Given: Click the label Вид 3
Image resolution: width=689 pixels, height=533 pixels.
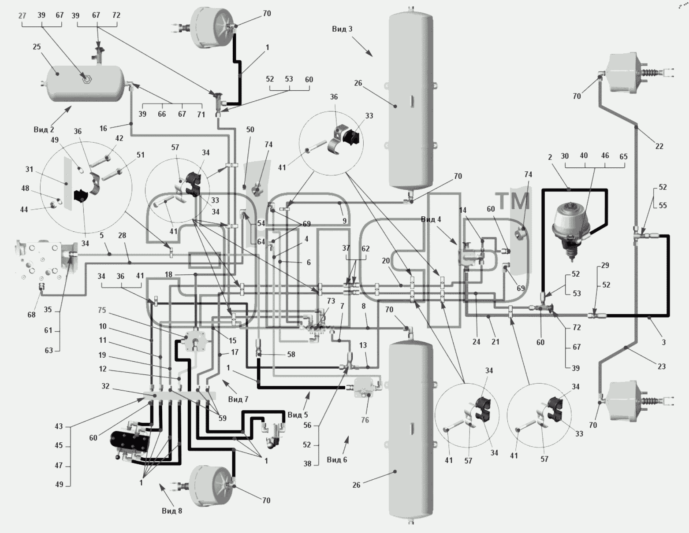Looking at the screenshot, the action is point(342,29).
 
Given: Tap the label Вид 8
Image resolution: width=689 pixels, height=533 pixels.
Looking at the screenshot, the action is point(172,511).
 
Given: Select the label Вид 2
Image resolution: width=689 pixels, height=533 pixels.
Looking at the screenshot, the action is point(44,130).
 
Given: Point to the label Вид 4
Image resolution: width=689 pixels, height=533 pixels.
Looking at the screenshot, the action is point(431,219).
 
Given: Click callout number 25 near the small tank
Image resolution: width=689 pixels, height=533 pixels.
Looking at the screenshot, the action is point(37,47).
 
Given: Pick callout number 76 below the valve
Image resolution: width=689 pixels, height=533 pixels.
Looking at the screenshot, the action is point(365,420).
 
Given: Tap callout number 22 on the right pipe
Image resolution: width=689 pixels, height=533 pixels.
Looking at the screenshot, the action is point(659,146).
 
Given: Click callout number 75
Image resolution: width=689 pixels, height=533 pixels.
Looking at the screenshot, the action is point(102,310).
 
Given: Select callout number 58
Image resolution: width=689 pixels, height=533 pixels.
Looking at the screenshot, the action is point(291,354).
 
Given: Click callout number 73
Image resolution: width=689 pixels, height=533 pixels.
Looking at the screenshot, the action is point(331,301).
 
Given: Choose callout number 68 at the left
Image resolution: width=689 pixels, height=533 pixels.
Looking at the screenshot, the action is point(31,315).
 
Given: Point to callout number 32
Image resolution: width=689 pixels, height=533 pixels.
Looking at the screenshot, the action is point(106,386).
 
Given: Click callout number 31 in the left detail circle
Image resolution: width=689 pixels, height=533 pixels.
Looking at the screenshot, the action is point(29,170).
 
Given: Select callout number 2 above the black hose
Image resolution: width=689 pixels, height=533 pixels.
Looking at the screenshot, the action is point(550,157).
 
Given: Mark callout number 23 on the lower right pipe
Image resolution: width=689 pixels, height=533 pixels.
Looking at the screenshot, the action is point(661,366).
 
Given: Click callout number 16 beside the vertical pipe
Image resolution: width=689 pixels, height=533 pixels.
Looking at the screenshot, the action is point(103,128).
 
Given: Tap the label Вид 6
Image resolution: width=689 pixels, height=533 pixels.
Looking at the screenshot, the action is point(337,459).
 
